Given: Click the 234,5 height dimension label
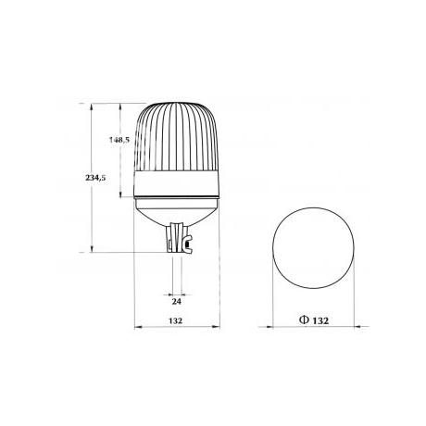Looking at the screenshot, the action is click(95, 178).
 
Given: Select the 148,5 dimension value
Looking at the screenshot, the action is click(119, 140).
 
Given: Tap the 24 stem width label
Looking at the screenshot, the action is click(176, 301).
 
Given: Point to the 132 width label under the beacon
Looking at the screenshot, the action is click(176, 320).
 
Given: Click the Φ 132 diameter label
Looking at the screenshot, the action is click(314, 320).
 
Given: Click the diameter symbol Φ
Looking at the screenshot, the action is click(304, 320).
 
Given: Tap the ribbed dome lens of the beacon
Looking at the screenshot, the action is click(177, 137).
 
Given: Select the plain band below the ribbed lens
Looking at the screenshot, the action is click(177, 184).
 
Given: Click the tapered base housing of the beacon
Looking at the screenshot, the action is click(177, 210).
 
